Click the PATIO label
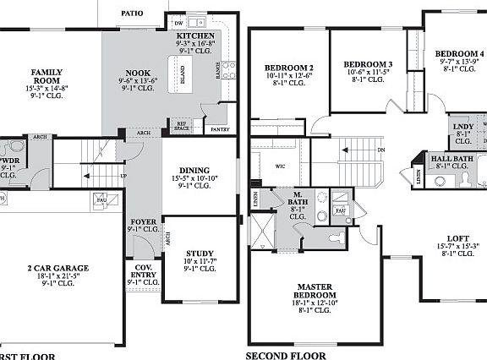(131, 14)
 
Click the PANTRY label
(220, 129)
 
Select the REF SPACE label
(180, 127)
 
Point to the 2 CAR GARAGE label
(58, 268)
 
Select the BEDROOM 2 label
(288, 68)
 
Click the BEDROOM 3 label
(368, 64)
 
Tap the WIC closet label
(280, 166)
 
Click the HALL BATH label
(451, 158)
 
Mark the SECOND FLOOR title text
(285, 355)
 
